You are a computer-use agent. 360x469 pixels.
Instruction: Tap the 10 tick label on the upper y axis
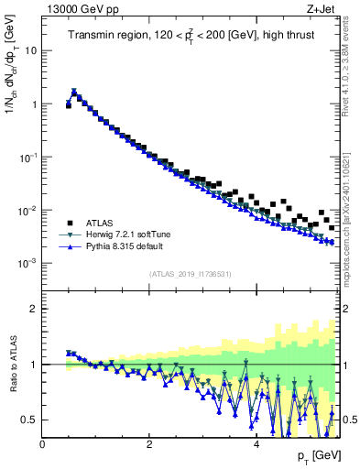coord(31,50)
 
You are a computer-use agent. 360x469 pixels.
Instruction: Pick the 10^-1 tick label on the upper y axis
coord(27,158)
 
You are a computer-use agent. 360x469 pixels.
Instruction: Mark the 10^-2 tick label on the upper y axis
coord(27,211)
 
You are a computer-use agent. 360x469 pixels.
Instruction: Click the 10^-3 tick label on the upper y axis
coord(27,264)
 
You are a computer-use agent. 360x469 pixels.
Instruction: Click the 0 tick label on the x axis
coord(42,444)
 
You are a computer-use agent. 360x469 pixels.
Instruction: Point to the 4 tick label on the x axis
coord(256,444)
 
